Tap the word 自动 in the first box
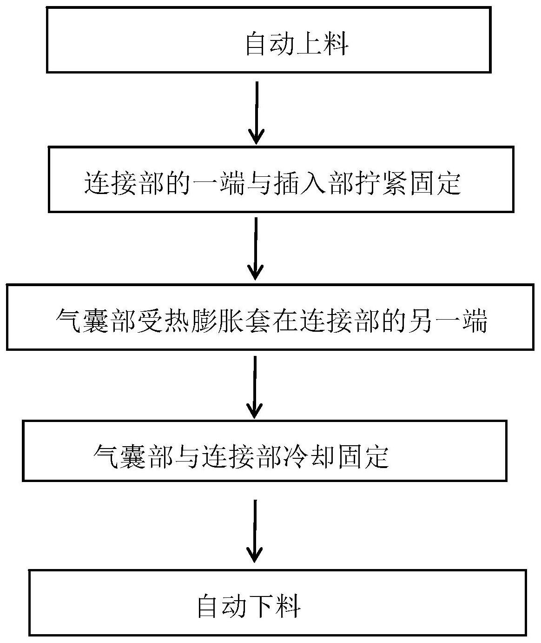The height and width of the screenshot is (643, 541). click(270, 45)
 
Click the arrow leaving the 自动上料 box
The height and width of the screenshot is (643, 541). click(256, 112)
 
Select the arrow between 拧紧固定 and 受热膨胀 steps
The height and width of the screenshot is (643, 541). click(256, 248)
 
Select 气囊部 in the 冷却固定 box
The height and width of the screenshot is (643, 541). click(134, 456)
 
